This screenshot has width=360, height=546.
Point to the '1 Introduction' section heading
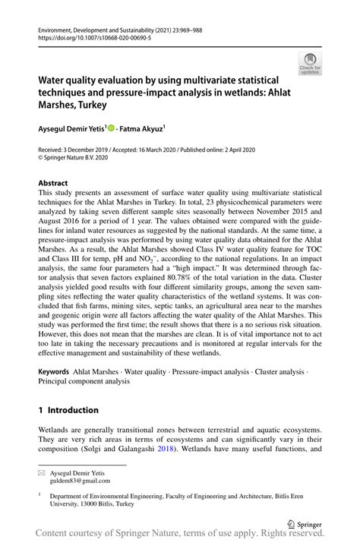pyautogui.click(x=68, y=409)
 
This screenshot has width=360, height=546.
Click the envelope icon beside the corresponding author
pyautogui.click(x=42, y=472)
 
